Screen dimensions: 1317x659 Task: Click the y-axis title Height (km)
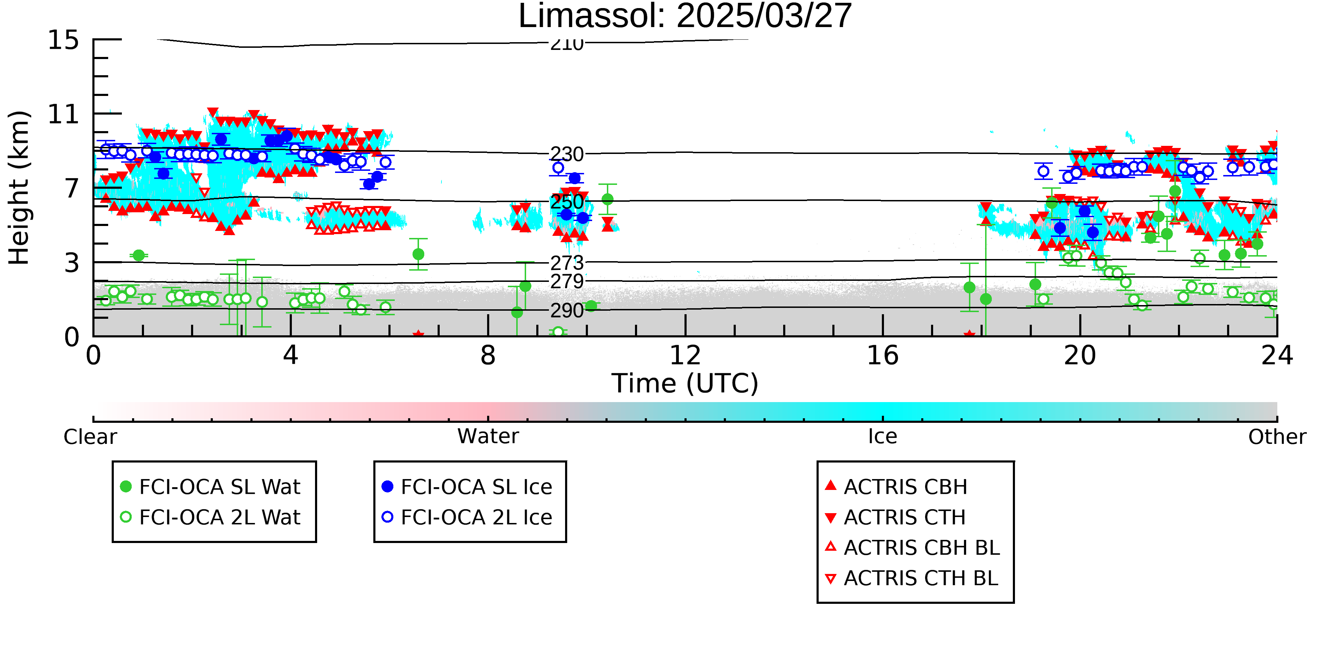click(x=19, y=188)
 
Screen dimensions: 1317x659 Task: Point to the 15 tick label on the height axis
click(x=64, y=40)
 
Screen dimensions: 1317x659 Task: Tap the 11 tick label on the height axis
click(x=64, y=114)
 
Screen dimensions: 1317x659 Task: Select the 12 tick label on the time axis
click(x=685, y=355)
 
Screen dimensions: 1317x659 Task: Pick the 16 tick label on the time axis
click(x=883, y=355)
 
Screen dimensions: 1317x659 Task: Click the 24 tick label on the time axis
click(x=1277, y=355)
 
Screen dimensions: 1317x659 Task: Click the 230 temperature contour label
click(x=566, y=154)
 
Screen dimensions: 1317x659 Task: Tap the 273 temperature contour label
click(x=566, y=263)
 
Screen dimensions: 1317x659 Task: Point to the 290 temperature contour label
click(x=566, y=311)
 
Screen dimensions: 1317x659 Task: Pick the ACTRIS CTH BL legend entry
click(x=912, y=578)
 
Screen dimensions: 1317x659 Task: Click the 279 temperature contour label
click(x=566, y=282)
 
